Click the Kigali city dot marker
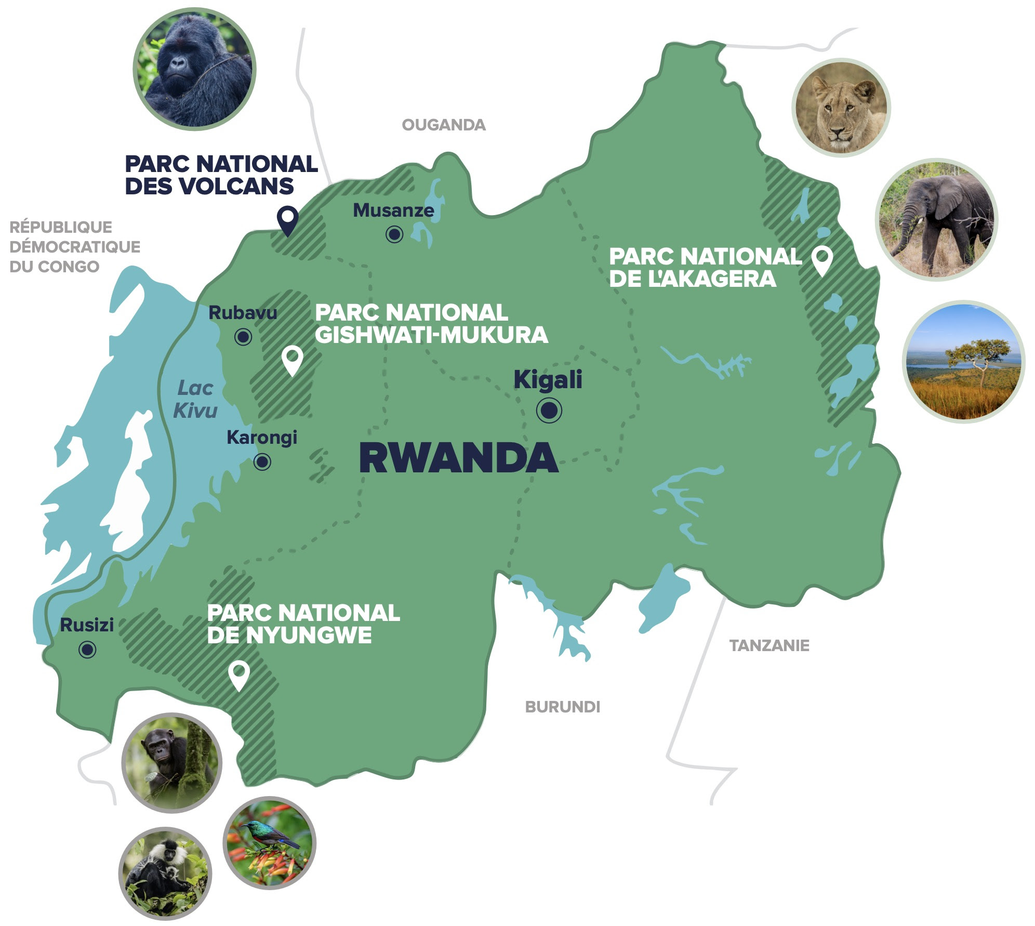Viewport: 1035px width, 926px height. tap(549, 411)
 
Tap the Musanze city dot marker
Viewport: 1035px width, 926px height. tap(394, 234)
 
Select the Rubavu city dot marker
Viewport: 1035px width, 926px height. tap(243, 337)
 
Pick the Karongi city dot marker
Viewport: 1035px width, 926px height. tap(262, 461)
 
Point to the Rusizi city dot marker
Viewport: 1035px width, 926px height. tap(87, 649)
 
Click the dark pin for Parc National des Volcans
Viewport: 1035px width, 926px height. tap(287, 219)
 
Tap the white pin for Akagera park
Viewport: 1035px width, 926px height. tap(822, 259)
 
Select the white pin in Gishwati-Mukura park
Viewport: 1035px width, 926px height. tap(292, 359)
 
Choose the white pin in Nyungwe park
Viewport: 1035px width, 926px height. tap(238, 674)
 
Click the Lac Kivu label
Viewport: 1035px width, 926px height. tap(195, 399)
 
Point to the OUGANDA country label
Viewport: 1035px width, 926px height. tap(443, 125)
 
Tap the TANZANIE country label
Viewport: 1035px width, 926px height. tap(769, 646)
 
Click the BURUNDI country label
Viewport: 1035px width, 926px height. tap(562, 707)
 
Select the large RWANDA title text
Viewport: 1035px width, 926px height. tap(458, 458)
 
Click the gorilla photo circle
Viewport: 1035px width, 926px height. tap(194, 69)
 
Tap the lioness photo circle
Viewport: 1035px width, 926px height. tap(841, 108)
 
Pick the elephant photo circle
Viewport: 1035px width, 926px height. tap(936, 219)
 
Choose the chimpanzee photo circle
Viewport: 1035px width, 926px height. tap(171, 762)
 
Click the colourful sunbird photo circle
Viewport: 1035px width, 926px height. tap(269, 842)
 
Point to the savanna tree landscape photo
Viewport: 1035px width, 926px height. tap(963, 362)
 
